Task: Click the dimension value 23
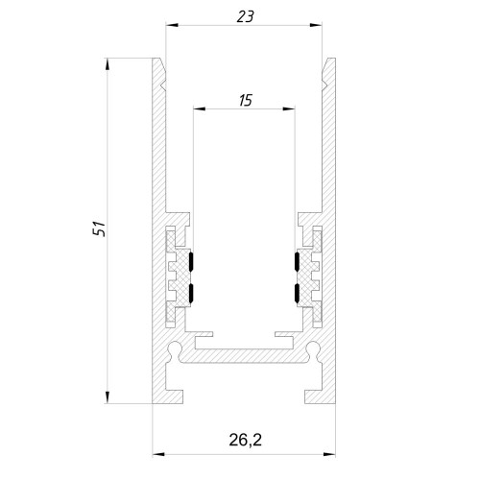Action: coord(245,16)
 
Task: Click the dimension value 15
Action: coord(246,101)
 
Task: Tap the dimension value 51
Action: coord(100,228)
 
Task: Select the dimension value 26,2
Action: coord(245,440)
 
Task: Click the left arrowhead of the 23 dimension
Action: coord(172,25)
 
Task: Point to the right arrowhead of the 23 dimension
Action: coord(316,25)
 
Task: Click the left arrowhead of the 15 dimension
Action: coord(200,109)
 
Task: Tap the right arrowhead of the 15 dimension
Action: coord(288,109)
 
